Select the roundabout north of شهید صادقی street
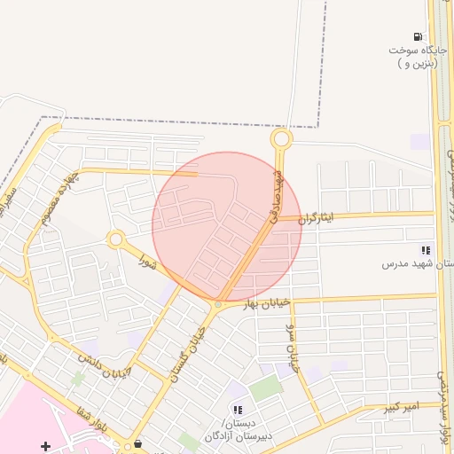(282, 138)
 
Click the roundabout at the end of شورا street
(115, 239)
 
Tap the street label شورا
(147, 263)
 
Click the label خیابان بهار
(267, 303)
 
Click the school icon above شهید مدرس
(427, 251)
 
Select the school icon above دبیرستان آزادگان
(238, 409)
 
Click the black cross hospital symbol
(46, 444)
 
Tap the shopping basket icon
(137, 444)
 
